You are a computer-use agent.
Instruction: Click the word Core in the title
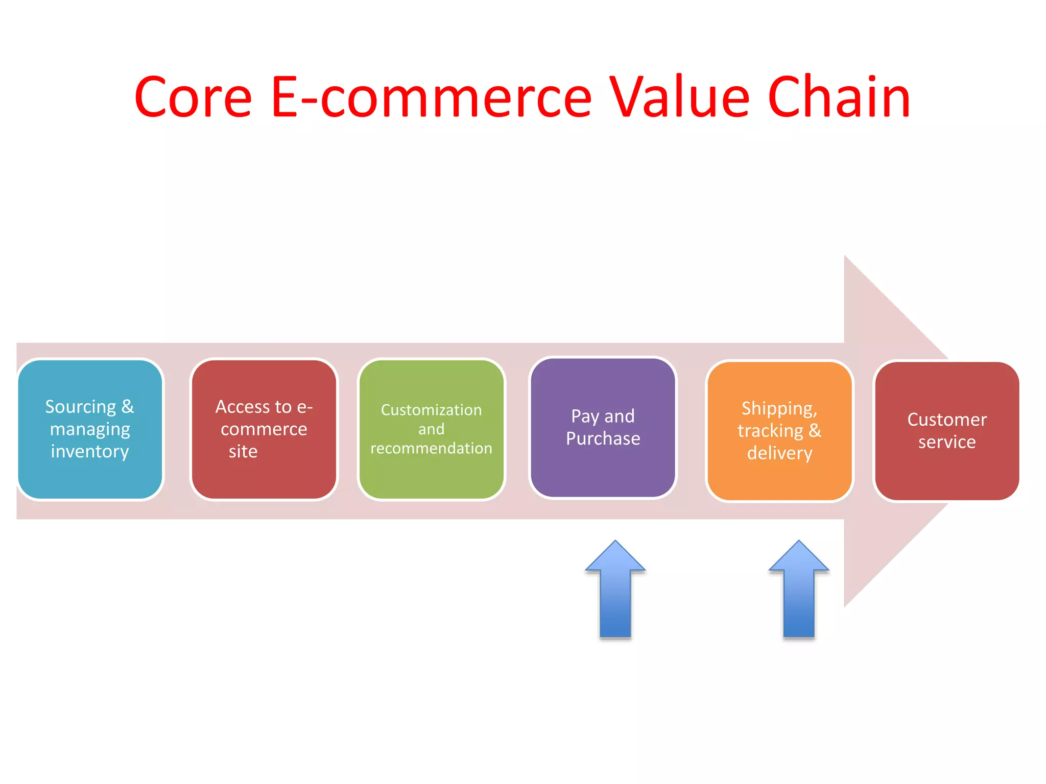(x=193, y=97)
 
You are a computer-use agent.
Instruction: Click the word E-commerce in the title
(x=431, y=97)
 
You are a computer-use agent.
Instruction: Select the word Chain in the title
(x=839, y=97)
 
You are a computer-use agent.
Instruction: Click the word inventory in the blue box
(x=90, y=452)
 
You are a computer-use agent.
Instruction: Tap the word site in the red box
(x=243, y=452)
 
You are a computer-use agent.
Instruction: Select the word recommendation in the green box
(x=432, y=448)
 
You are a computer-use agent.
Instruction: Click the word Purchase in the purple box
(x=603, y=438)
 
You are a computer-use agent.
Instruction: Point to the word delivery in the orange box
(x=779, y=453)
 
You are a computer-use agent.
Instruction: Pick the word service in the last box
(x=946, y=442)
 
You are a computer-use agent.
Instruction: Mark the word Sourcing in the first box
(x=81, y=407)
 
